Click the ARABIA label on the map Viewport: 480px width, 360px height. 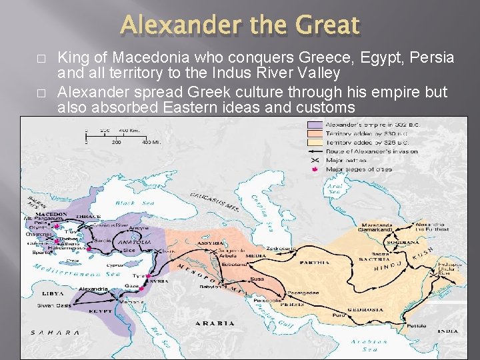coord(214,323)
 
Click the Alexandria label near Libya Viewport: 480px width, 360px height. coord(93,289)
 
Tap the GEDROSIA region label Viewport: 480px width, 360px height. coord(365,309)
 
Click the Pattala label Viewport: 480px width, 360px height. coord(417,327)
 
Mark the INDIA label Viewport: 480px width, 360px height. coord(449,331)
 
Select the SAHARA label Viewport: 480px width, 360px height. coord(56,332)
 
